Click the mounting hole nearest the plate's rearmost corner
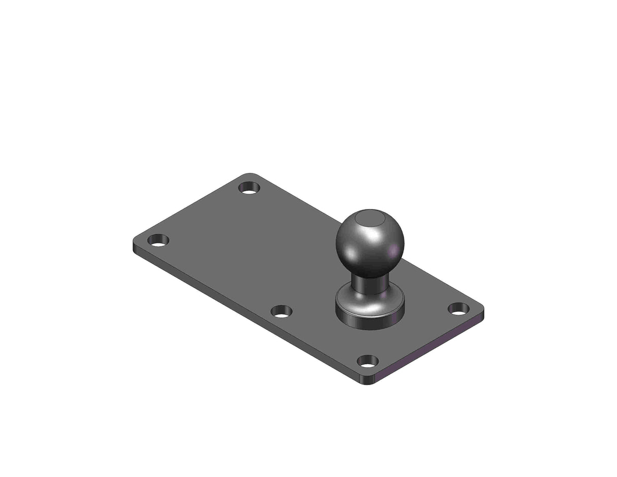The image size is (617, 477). pyautogui.click(x=249, y=188)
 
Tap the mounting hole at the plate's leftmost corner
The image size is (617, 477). pyautogui.click(x=158, y=241)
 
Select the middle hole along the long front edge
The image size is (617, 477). pyautogui.click(x=281, y=311)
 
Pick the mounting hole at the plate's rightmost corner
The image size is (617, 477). pyautogui.click(x=458, y=308)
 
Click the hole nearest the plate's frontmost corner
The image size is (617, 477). pyautogui.click(x=367, y=361)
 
